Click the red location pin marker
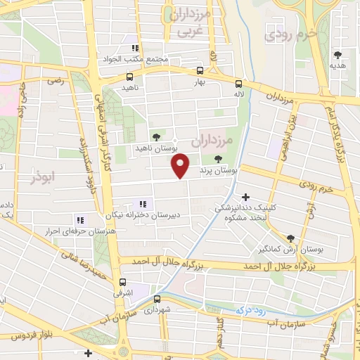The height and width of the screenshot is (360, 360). [x=181, y=165]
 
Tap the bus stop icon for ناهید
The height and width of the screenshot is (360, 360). [x=129, y=77]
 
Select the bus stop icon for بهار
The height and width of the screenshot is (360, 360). [x=200, y=71]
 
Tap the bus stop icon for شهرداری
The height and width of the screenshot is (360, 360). [x=157, y=299]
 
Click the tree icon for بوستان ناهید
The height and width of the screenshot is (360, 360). [x=155, y=138]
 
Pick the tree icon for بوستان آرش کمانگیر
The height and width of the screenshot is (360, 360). [x=291, y=238]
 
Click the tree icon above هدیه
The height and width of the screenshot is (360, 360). [x=338, y=54]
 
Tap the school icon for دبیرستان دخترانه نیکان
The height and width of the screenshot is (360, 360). [x=143, y=204]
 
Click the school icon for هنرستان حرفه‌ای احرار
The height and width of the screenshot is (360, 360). [x=79, y=219]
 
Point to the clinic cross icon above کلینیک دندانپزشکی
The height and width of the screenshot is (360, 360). [x=245, y=197]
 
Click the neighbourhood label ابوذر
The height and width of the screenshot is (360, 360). [x=42, y=176]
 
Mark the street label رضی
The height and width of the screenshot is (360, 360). [x=55, y=82]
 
